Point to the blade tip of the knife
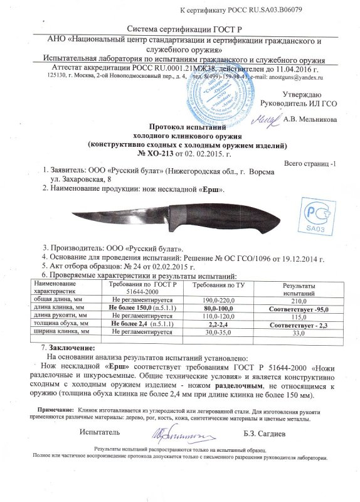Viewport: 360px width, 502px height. tap(70, 216)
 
